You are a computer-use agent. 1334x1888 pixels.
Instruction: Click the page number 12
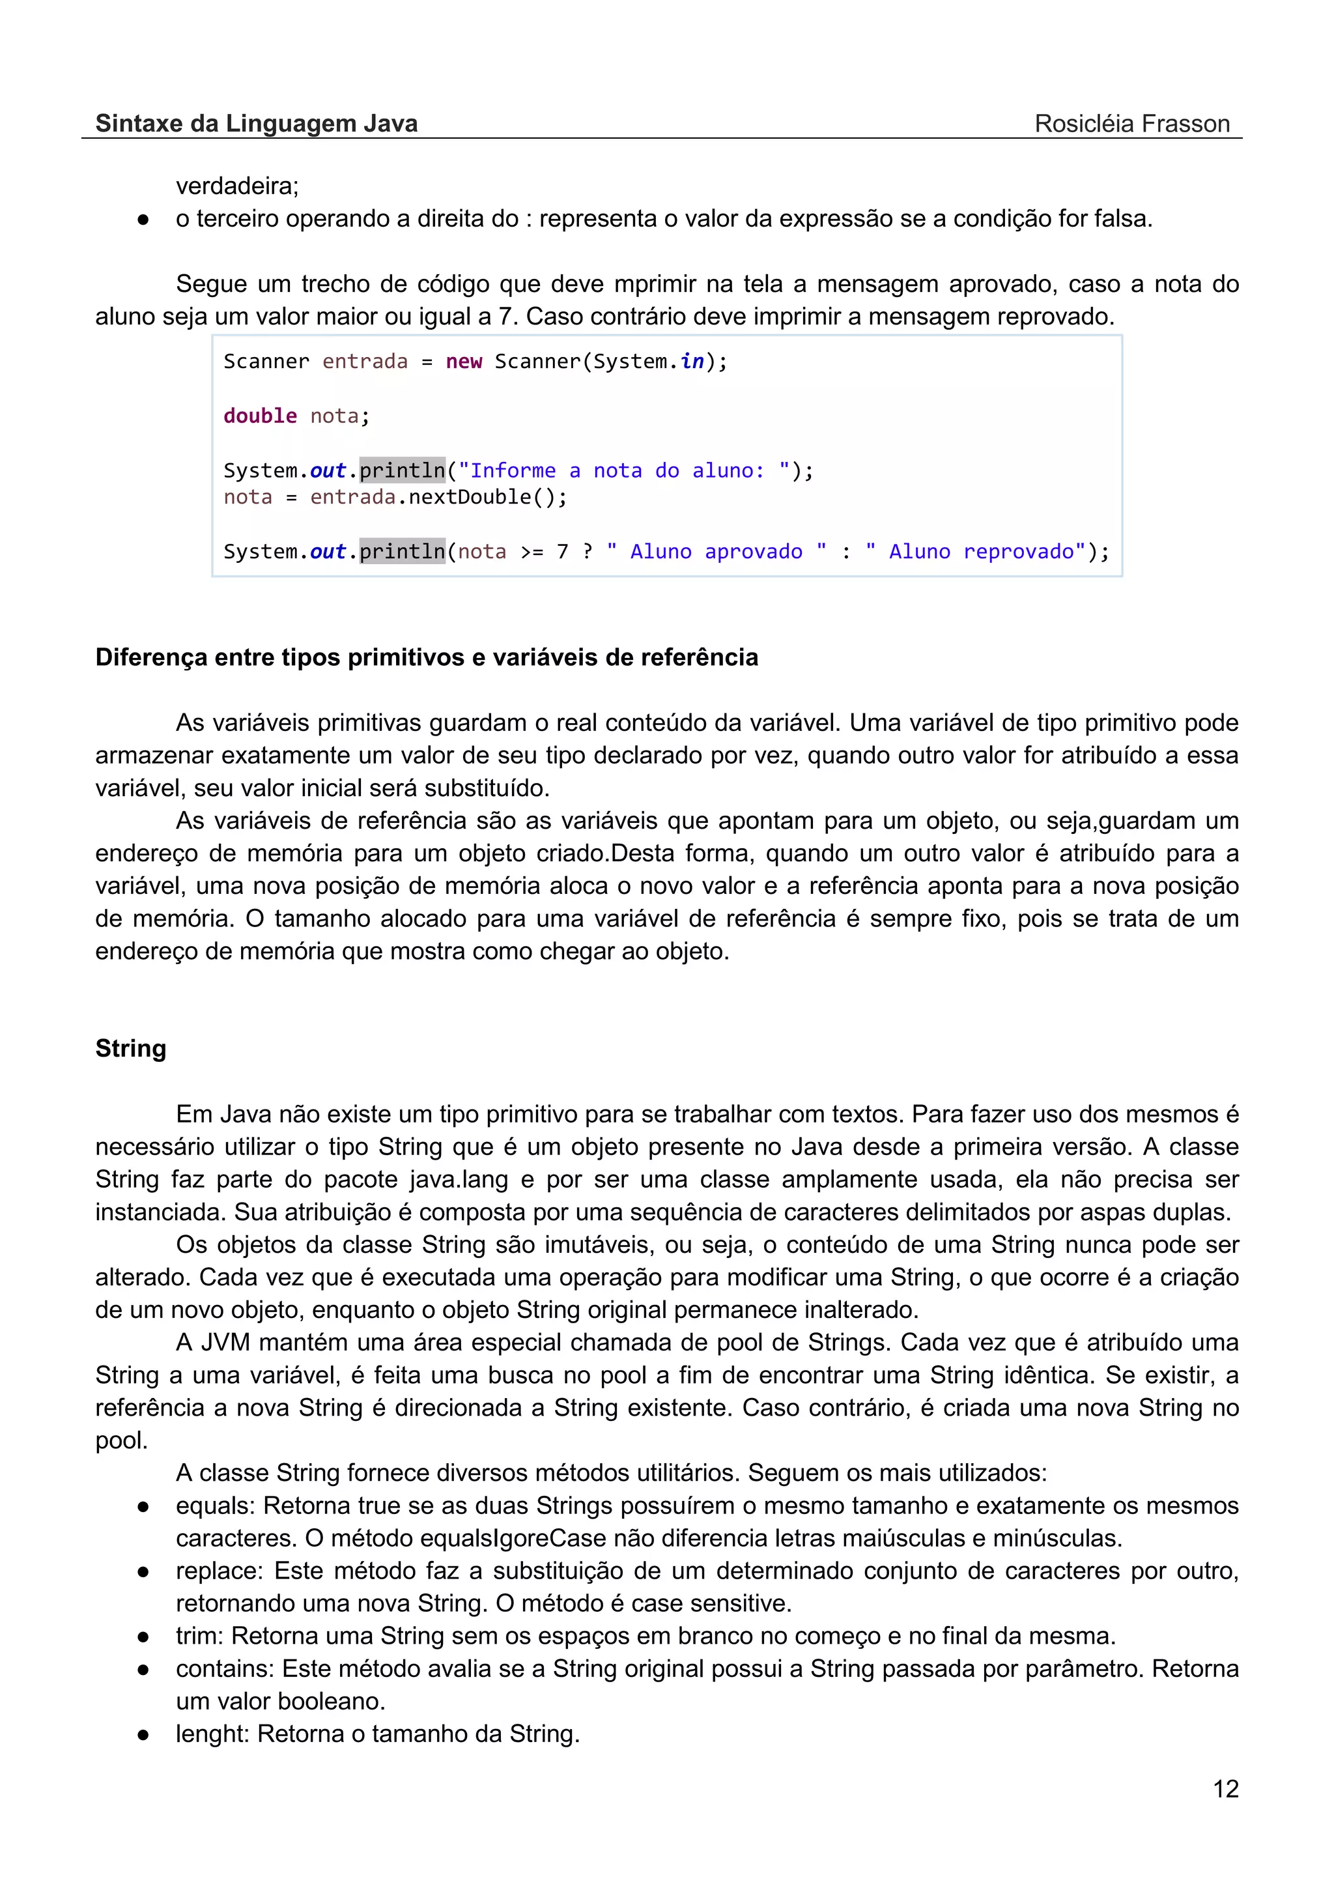click(x=1225, y=1788)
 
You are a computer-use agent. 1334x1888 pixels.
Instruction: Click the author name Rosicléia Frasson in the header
click(x=1132, y=124)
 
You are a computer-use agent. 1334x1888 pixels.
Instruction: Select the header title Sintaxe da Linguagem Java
click(x=257, y=124)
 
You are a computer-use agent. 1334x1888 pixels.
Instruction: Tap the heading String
click(x=131, y=1048)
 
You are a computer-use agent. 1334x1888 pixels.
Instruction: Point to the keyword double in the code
click(x=260, y=416)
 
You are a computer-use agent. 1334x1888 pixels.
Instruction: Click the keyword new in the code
click(x=464, y=362)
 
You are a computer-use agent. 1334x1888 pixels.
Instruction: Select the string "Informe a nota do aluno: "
click(x=624, y=471)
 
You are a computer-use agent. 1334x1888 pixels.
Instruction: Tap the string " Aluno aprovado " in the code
click(x=716, y=552)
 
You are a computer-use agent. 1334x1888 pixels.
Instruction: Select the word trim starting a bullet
click(x=197, y=1636)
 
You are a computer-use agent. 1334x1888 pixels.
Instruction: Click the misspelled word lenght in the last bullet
click(x=211, y=1734)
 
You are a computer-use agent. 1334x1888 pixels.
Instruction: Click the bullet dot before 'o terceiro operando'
click(x=143, y=220)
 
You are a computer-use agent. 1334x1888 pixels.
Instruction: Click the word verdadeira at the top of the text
click(x=236, y=187)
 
